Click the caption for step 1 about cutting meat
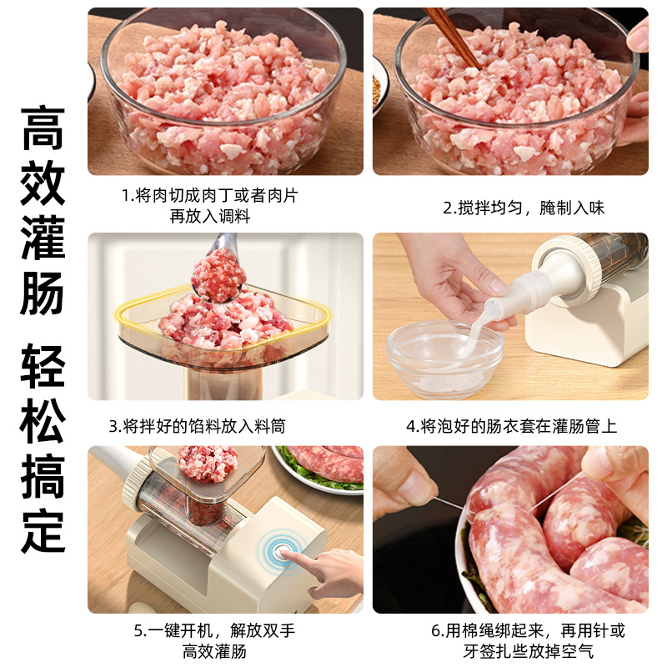coord(209,205)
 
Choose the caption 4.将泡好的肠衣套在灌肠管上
coord(512,426)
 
